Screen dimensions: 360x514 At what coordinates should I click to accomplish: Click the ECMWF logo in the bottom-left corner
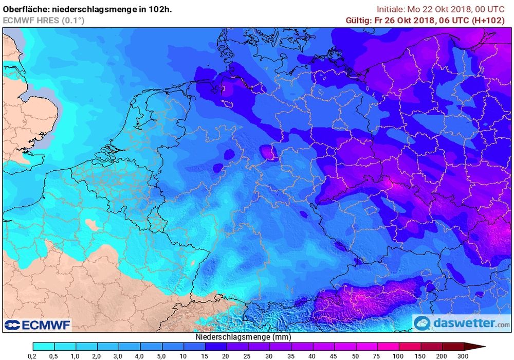click(x=37, y=325)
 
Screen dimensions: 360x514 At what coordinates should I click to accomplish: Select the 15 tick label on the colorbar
click(x=205, y=356)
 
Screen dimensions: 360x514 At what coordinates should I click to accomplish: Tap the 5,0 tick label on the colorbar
click(x=162, y=356)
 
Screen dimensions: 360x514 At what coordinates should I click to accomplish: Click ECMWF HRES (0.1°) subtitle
click(x=44, y=20)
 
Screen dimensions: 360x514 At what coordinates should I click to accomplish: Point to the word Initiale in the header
click(x=392, y=9)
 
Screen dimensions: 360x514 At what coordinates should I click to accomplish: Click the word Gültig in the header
click(x=359, y=20)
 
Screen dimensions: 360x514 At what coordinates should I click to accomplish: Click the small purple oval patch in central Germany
click(x=268, y=152)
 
